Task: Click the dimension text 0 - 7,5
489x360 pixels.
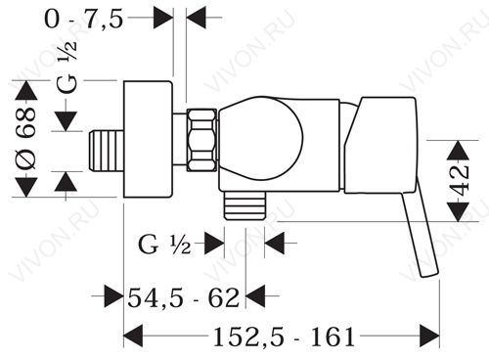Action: [x=84, y=20]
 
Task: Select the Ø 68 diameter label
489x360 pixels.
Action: [x=25, y=139]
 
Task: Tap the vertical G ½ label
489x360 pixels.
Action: [x=67, y=67]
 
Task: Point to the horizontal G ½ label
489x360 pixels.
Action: [x=164, y=245]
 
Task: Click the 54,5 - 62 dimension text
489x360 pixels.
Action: [x=184, y=297]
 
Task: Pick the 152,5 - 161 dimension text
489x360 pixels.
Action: [x=284, y=337]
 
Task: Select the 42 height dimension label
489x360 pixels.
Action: [x=461, y=180]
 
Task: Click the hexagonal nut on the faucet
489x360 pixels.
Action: [x=202, y=140]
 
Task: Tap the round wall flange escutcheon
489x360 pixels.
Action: [x=148, y=139]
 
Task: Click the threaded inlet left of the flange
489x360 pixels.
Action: [x=107, y=151]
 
